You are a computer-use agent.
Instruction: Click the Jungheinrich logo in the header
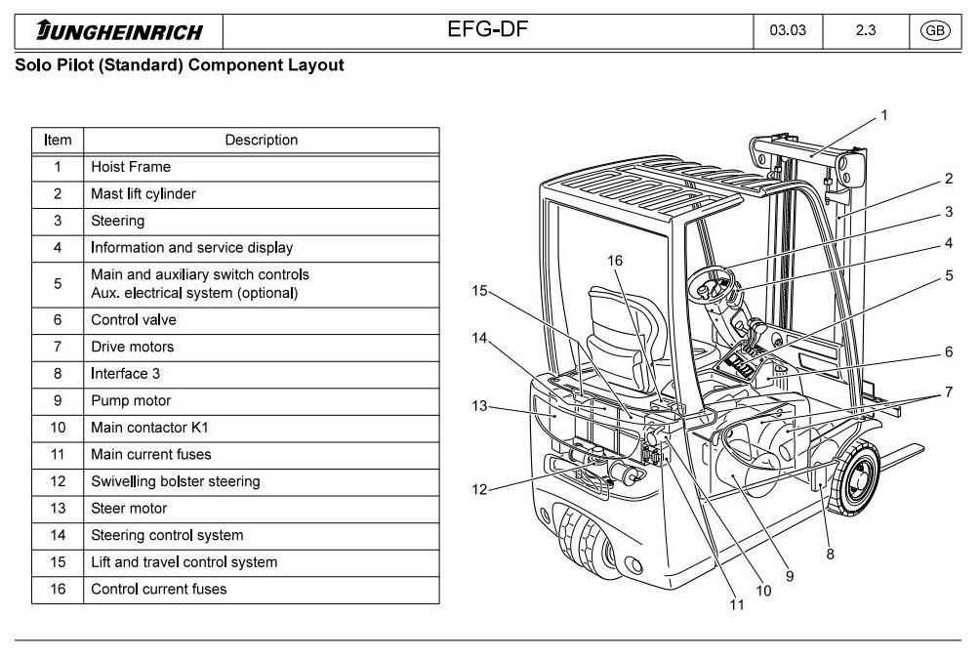tap(119, 31)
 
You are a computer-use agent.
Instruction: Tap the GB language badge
tap(934, 30)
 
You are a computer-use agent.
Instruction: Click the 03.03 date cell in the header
tap(788, 30)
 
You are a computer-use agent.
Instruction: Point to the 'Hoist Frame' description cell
tap(131, 167)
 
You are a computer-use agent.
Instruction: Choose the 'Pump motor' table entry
tap(131, 400)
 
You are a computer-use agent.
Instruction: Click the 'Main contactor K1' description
tap(149, 428)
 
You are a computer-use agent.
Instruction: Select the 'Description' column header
tap(261, 140)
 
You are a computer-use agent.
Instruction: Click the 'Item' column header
tap(58, 140)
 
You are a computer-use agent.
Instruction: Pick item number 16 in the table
tap(58, 589)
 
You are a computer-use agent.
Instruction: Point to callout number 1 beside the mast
tap(884, 115)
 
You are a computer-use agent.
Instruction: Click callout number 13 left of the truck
tap(479, 406)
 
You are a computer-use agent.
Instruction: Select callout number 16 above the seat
tap(615, 261)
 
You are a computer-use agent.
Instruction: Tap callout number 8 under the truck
tap(830, 554)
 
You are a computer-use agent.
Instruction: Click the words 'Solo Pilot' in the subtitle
tap(51, 65)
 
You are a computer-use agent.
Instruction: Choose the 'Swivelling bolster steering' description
tap(176, 481)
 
